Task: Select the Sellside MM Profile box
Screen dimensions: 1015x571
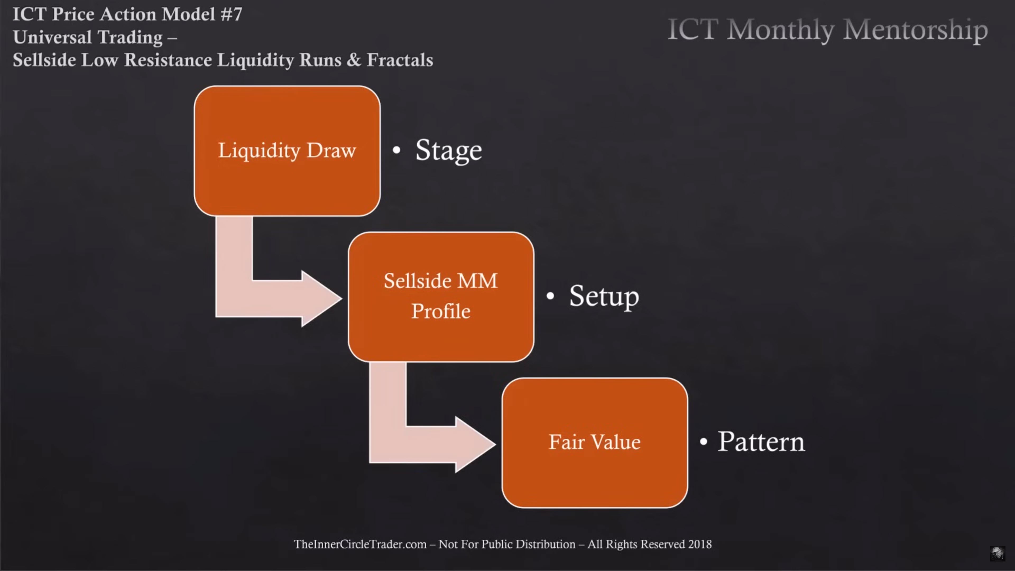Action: click(x=441, y=297)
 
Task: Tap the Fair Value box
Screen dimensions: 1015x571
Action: click(x=594, y=443)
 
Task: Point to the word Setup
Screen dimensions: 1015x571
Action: click(x=604, y=297)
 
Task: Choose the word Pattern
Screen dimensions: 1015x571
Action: click(x=761, y=441)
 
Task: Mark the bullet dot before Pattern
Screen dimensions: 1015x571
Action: click(x=704, y=441)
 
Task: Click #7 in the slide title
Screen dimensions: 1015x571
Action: click(x=231, y=14)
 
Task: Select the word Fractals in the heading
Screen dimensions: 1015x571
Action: click(x=400, y=60)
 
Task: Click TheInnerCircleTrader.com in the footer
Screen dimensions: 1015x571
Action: click(x=360, y=544)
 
